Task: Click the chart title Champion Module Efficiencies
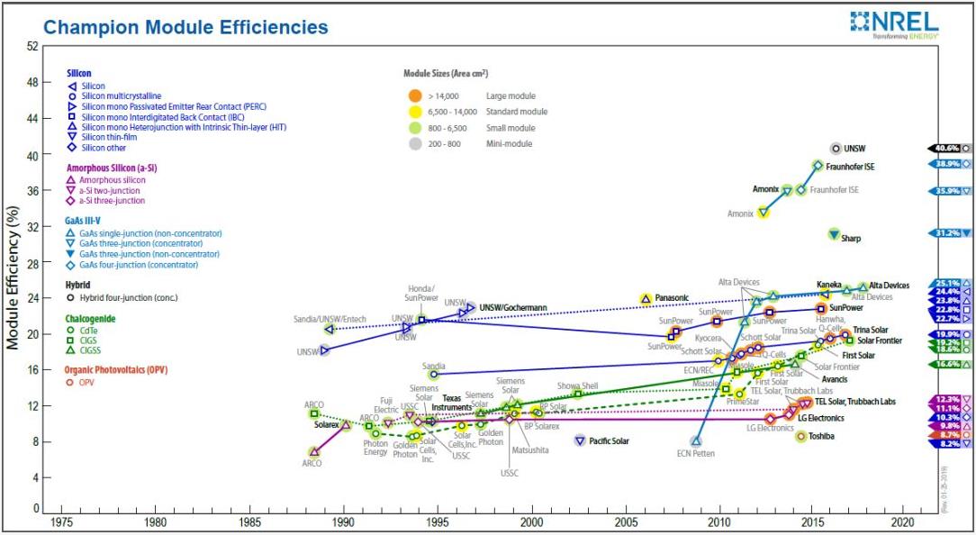coord(185,27)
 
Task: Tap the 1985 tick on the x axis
coord(249,521)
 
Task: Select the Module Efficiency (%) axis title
coord(13,277)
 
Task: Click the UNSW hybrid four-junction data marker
coord(836,148)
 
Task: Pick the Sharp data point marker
coord(834,234)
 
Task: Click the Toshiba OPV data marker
coord(801,436)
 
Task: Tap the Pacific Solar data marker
coord(580,440)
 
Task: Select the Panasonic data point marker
coord(646,298)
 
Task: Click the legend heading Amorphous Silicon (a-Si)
coord(107,168)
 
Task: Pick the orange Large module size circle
coord(414,95)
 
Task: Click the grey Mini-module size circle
coord(414,143)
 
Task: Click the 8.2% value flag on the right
coord(947,443)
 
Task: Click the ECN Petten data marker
coord(695,440)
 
